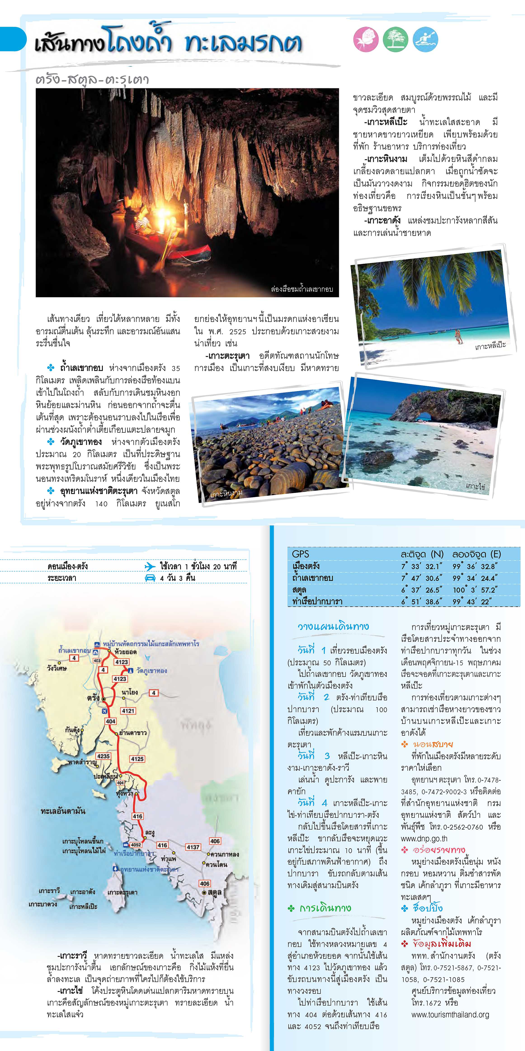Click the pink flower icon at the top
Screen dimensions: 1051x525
(x=366, y=40)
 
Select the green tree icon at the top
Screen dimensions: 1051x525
(x=395, y=40)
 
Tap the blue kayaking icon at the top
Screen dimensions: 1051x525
(x=425, y=40)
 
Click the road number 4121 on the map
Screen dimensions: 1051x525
(x=128, y=711)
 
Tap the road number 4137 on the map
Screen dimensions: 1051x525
(x=193, y=847)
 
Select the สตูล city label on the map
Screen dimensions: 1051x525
(x=214, y=892)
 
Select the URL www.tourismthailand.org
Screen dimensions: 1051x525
(x=450, y=1015)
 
